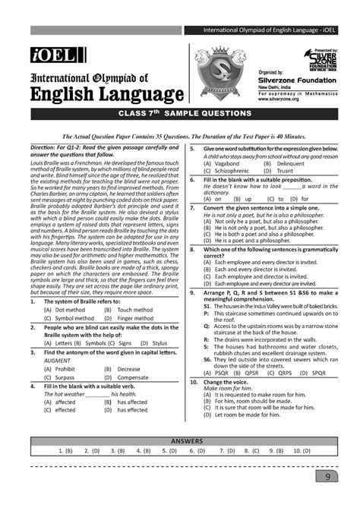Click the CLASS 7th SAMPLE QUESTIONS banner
tap(180, 114)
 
